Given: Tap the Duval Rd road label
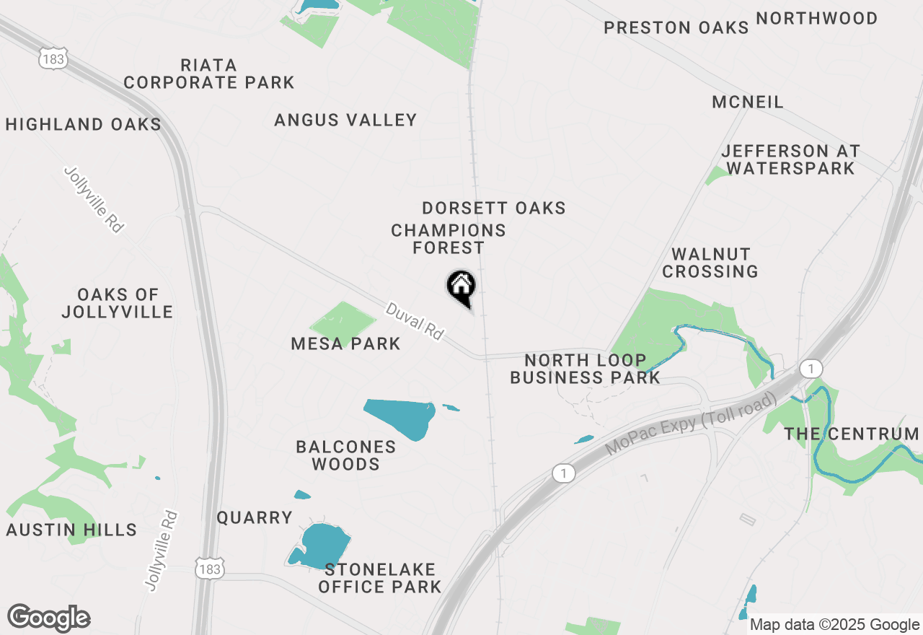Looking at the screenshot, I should point(415,321).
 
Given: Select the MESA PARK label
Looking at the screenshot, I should point(345,343).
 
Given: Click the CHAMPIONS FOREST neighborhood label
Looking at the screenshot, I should point(448,239).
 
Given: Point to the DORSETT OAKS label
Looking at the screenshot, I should point(494,208).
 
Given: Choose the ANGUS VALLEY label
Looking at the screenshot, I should point(345,120).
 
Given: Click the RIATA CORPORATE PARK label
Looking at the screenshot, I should point(209,74).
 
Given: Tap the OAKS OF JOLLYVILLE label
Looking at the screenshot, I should point(118,303).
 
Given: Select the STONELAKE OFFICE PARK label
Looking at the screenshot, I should point(379,578).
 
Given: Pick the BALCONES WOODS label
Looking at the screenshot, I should point(346,455).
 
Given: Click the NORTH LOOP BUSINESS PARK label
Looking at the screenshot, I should point(585,368).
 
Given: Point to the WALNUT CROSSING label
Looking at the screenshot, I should point(710,263).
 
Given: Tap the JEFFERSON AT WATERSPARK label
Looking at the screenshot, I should point(790,159).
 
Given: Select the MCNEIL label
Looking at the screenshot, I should point(747,102).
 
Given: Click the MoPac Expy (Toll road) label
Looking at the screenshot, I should point(692,424).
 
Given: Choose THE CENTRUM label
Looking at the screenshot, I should point(852,434).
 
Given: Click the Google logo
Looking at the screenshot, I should point(49,618).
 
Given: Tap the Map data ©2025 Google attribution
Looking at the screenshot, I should point(834,625).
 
